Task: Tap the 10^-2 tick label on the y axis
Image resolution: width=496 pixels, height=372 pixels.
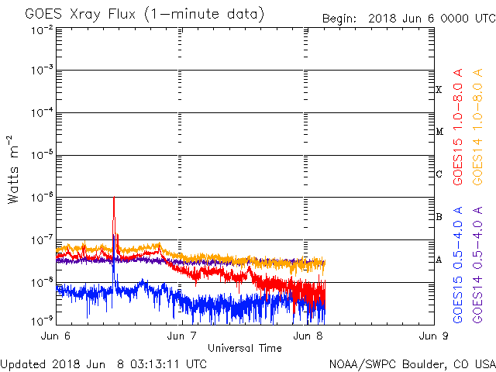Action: (x=42, y=30)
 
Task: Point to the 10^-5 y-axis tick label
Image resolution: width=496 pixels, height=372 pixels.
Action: (x=42, y=155)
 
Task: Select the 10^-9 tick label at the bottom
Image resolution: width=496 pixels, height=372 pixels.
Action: (x=42, y=320)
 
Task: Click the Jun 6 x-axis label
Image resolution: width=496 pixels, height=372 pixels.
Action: (x=57, y=336)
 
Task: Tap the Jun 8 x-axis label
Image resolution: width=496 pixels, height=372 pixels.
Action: (x=308, y=336)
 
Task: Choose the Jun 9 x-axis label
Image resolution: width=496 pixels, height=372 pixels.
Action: (x=432, y=336)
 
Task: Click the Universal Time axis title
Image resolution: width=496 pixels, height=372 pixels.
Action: (x=244, y=348)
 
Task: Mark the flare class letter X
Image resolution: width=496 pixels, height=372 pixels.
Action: (x=439, y=90)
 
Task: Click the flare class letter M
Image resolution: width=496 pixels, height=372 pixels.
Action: (x=439, y=132)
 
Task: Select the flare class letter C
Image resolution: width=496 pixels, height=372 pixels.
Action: (x=439, y=174)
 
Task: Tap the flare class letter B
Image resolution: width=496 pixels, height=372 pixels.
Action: (x=439, y=217)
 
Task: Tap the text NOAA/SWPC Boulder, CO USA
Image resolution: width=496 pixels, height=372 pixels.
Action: (x=412, y=363)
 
